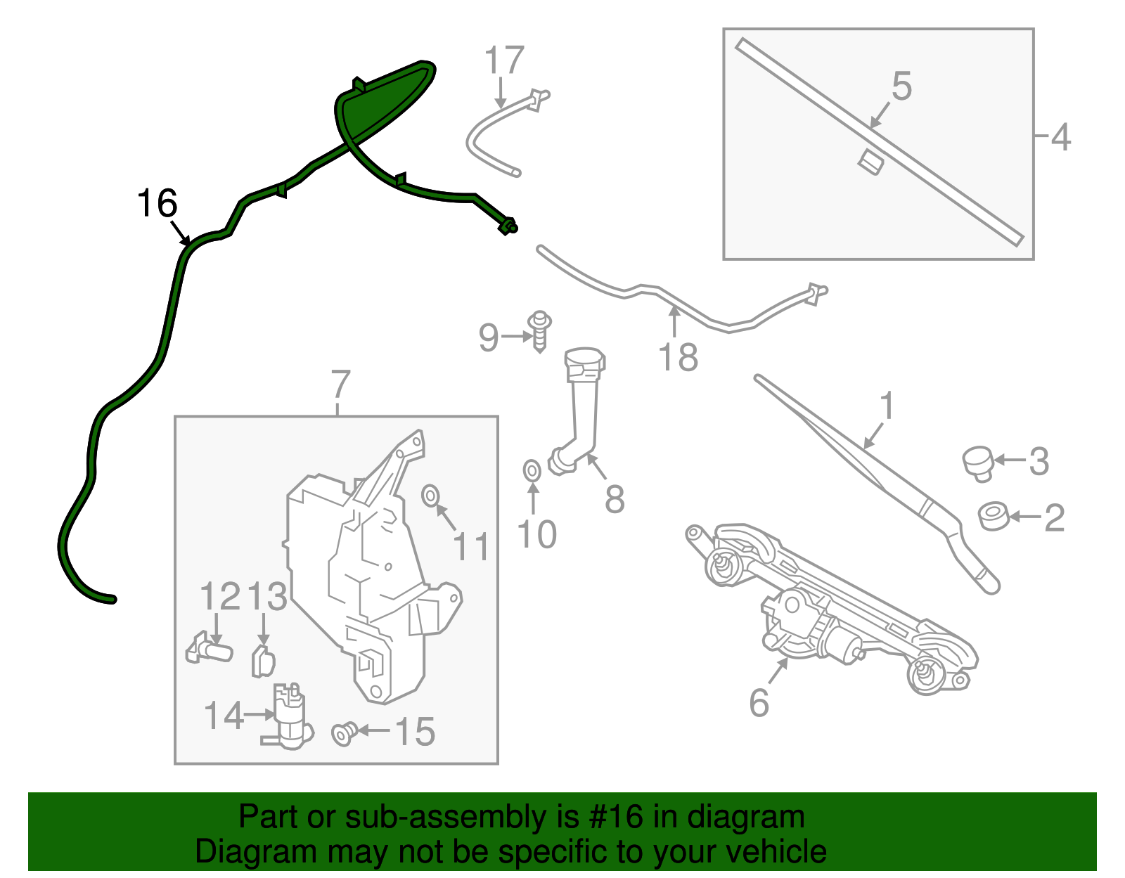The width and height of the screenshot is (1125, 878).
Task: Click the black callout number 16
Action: (157, 204)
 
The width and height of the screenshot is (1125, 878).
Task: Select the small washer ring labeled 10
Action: (532, 470)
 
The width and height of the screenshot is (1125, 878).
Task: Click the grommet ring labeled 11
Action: (430, 496)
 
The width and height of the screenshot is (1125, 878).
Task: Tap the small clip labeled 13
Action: (262, 661)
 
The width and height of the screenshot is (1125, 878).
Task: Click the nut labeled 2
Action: (994, 517)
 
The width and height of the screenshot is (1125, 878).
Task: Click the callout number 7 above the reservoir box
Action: (340, 385)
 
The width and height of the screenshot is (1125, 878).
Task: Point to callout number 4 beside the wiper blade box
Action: (1061, 137)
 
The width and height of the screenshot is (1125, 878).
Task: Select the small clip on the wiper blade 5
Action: (870, 162)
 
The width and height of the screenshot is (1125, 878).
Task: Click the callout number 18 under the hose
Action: (678, 357)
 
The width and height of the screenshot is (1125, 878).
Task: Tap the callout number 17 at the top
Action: (504, 60)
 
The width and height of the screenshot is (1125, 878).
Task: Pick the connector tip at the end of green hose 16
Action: (508, 226)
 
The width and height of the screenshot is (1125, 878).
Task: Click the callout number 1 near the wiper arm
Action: (887, 406)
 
